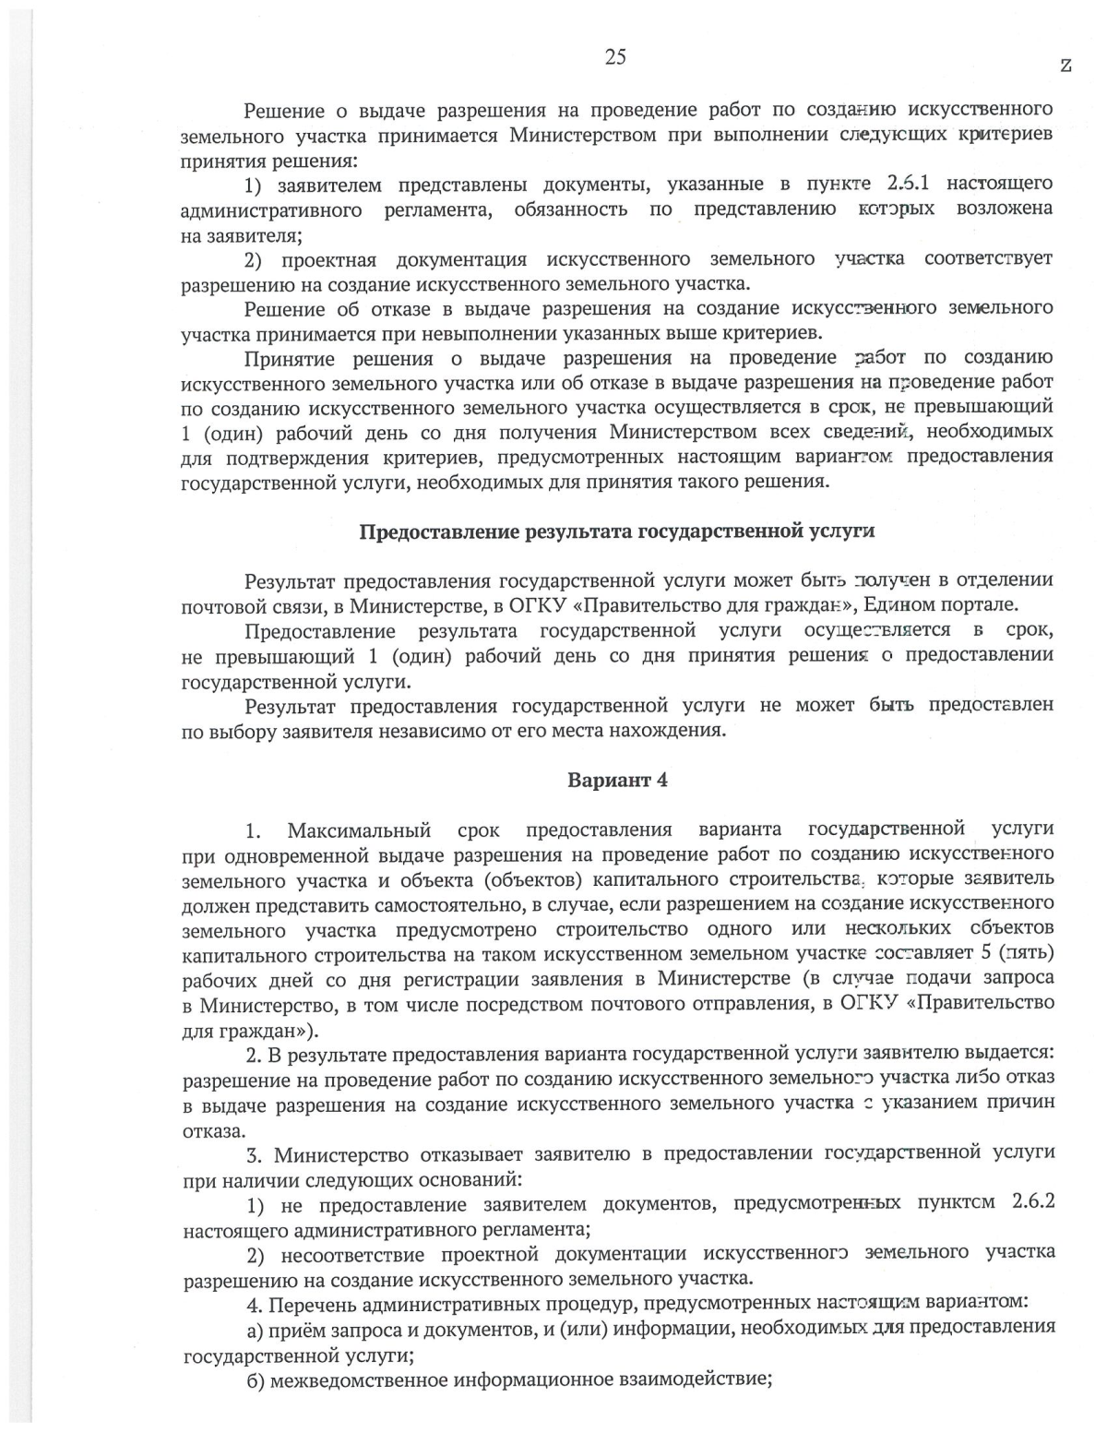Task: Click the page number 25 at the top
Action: pyautogui.click(x=615, y=57)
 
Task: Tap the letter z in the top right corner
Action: pyautogui.click(x=1066, y=65)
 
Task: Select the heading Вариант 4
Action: pyautogui.click(x=617, y=780)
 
